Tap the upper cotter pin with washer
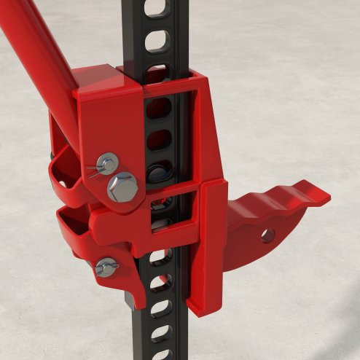(x=106, y=163)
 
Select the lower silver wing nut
(x=106, y=267)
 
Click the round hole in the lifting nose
(x=267, y=235)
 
